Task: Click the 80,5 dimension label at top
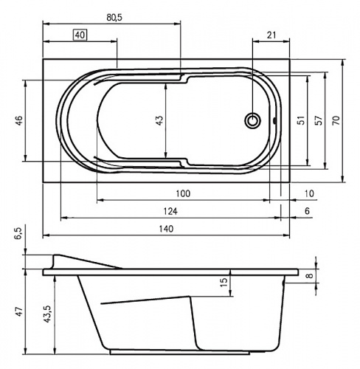coord(114,18)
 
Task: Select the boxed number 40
coord(80,35)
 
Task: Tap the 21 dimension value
coord(271,35)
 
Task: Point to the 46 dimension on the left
coord(19,120)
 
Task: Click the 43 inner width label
coord(159,120)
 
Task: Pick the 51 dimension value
coord(302,120)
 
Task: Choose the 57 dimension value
coord(319,120)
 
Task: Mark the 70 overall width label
coord(336,120)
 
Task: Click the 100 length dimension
coord(183,193)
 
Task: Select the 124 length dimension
coord(170,211)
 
